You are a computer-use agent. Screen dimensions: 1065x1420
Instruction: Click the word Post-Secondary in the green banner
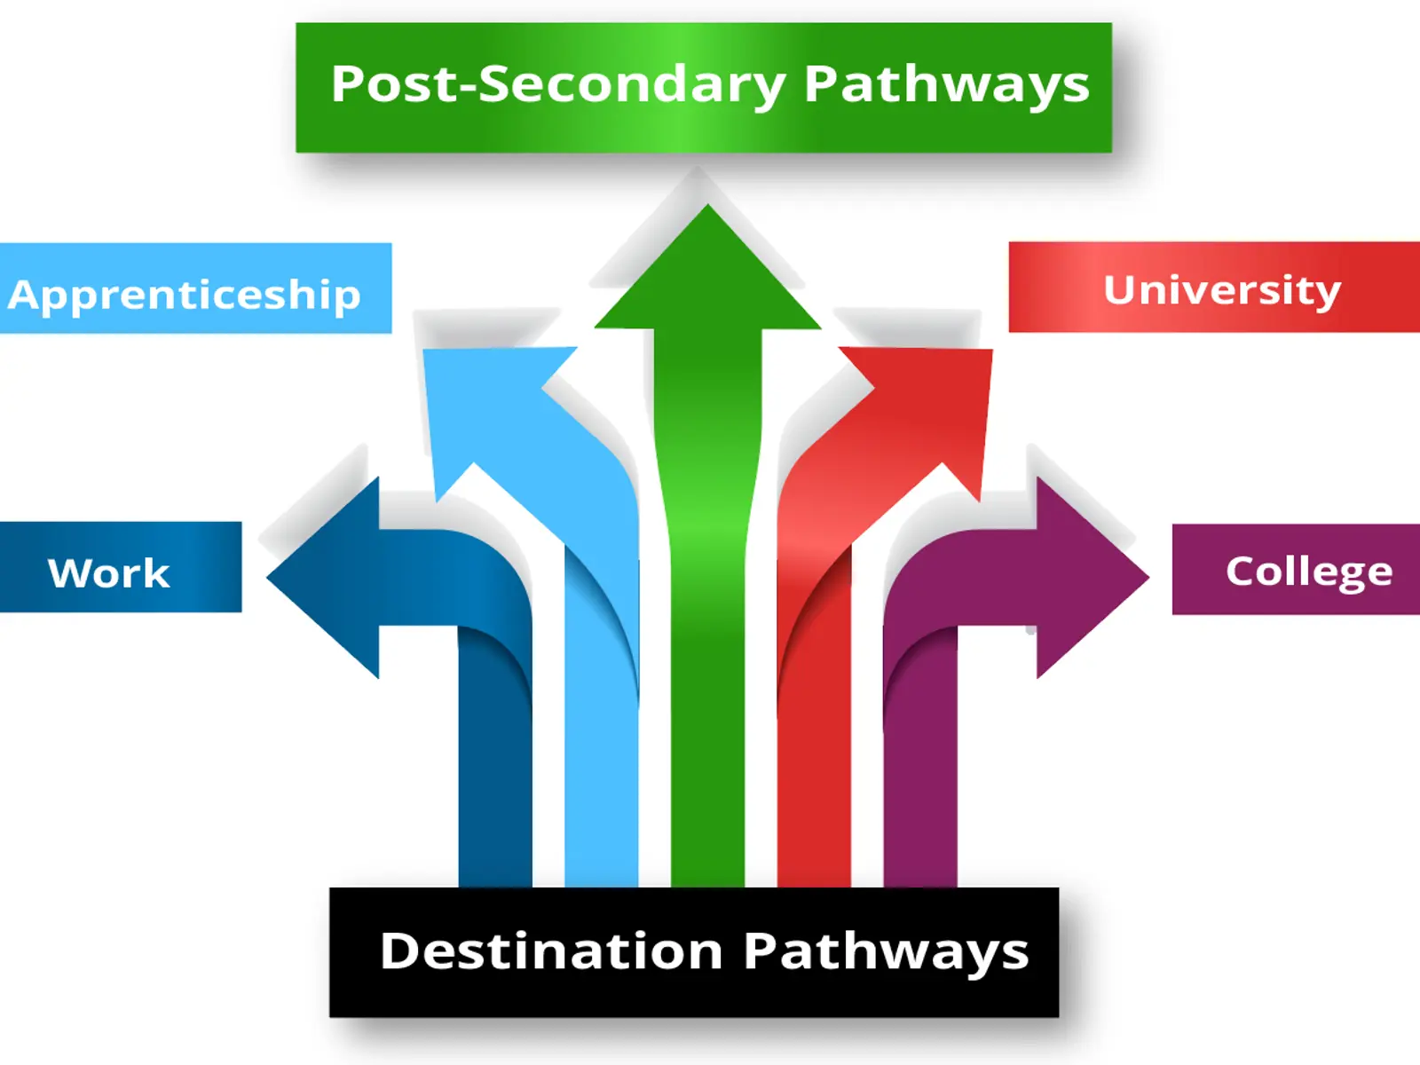(x=557, y=85)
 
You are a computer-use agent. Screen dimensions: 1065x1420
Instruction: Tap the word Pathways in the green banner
(x=946, y=85)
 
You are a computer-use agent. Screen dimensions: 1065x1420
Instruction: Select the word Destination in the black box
(x=551, y=951)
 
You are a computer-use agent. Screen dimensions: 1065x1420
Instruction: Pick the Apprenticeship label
(x=185, y=295)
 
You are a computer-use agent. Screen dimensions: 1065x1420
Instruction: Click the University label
(x=1221, y=289)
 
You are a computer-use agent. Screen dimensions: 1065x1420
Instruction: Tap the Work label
(x=108, y=572)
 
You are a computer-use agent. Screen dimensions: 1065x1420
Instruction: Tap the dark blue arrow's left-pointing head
(x=328, y=577)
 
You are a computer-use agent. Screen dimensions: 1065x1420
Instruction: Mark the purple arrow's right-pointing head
(x=1087, y=577)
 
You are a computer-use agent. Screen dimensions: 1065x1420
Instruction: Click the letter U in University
(x=1121, y=289)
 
